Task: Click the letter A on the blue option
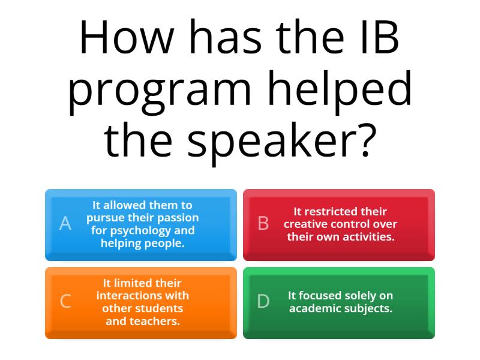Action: pyautogui.click(x=65, y=224)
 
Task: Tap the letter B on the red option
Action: pyautogui.click(x=263, y=224)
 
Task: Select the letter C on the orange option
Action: pyautogui.click(x=65, y=301)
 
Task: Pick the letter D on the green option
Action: pyautogui.click(x=263, y=301)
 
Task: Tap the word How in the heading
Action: pyautogui.click(x=118, y=39)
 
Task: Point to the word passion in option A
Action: pyautogui.click(x=178, y=218)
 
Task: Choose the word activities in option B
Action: pyautogui.click(x=367, y=236)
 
